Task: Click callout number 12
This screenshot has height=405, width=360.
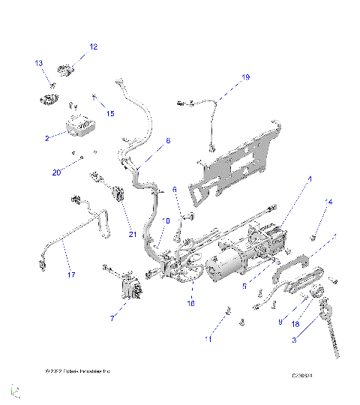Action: pos(94,46)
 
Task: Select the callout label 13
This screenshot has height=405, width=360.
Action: pos(39,64)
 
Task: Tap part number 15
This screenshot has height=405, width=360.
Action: pos(110,114)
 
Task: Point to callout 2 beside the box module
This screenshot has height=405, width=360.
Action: pos(46,139)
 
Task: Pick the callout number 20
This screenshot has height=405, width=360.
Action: pos(56,172)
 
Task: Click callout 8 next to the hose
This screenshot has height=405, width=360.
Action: pos(167,140)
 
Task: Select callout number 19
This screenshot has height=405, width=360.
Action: pos(244,77)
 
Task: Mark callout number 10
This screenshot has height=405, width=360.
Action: pos(166,220)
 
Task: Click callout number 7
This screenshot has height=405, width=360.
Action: pos(112,318)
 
